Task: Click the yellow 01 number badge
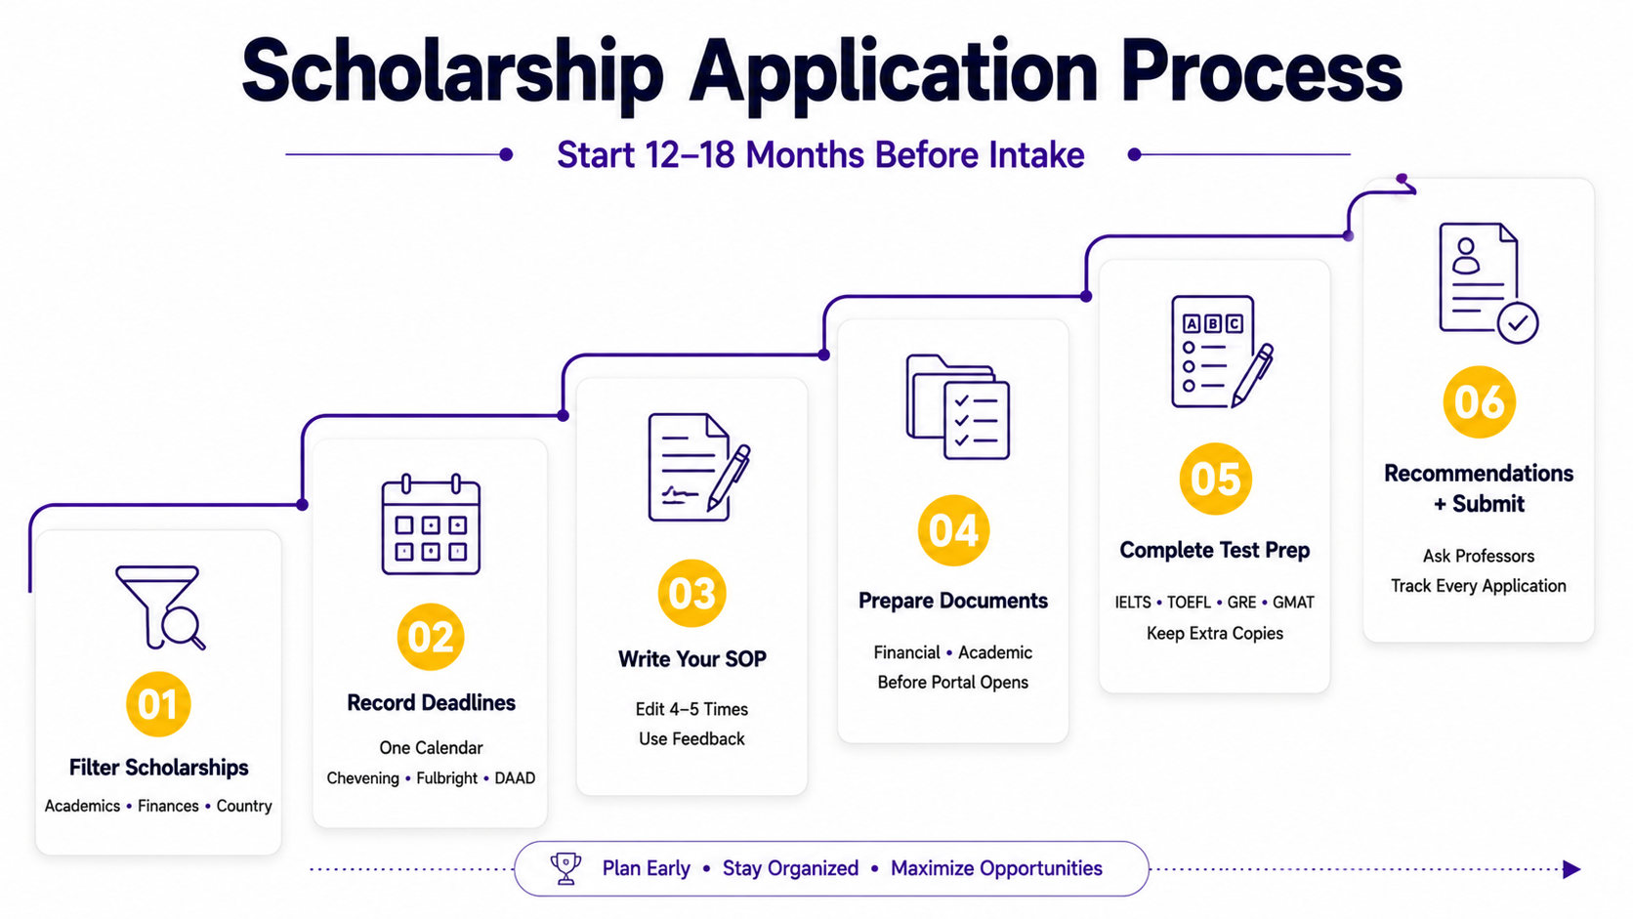(x=158, y=704)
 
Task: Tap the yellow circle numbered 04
(x=953, y=530)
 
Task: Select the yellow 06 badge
(x=1480, y=401)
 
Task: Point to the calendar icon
(x=431, y=524)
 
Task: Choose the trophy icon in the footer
(x=565, y=868)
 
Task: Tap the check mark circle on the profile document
(x=1518, y=322)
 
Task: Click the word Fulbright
(x=447, y=778)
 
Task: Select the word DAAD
(x=515, y=778)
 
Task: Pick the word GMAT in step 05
(x=1293, y=603)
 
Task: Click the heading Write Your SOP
(x=691, y=659)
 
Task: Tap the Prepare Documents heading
(x=953, y=601)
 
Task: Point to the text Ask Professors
(x=1479, y=556)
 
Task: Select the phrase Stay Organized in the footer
(x=790, y=868)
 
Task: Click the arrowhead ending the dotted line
(x=1571, y=869)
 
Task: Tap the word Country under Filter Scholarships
(x=244, y=806)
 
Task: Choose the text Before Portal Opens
(x=953, y=682)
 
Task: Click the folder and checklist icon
(x=958, y=406)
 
